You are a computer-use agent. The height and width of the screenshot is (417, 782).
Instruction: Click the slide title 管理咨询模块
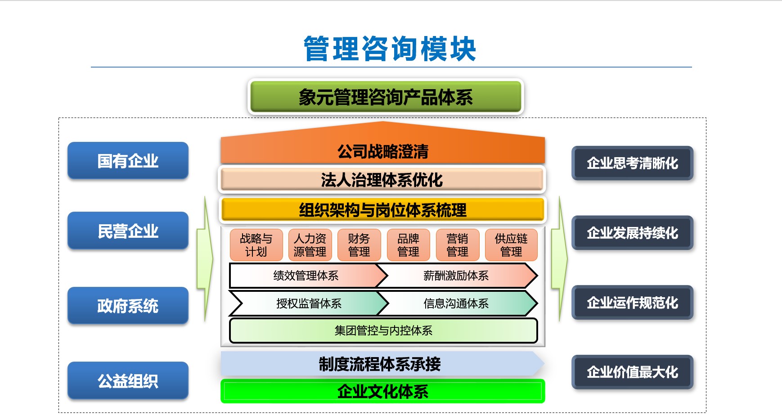(390, 49)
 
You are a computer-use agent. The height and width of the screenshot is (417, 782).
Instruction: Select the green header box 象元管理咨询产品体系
(386, 97)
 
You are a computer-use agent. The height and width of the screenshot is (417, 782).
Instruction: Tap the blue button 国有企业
(128, 161)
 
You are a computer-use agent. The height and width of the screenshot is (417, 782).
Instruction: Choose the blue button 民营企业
(128, 231)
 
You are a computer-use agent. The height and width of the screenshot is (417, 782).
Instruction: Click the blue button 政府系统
(128, 306)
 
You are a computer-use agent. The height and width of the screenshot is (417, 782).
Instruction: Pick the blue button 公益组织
(128, 381)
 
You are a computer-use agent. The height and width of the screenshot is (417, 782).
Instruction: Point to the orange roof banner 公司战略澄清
(382, 151)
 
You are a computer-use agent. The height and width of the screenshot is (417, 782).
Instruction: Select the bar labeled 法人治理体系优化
(382, 180)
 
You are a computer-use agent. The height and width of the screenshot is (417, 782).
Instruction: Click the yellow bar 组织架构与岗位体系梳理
(382, 210)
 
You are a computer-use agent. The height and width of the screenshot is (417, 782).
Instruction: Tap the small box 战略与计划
(256, 245)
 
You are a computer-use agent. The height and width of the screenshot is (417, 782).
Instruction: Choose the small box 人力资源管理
(310, 245)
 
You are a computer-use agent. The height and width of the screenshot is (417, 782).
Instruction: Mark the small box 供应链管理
(511, 245)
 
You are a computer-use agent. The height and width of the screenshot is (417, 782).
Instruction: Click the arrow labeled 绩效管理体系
(306, 276)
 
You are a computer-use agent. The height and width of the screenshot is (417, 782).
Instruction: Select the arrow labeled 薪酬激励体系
(456, 276)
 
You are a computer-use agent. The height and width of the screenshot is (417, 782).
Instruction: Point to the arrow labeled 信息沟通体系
(456, 304)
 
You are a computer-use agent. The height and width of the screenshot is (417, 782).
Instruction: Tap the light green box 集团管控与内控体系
(383, 331)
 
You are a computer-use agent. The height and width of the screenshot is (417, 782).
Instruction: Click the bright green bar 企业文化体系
(382, 391)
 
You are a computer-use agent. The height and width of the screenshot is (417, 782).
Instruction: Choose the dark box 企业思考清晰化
(632, 163)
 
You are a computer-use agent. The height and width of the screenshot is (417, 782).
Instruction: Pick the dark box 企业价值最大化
(632, 372)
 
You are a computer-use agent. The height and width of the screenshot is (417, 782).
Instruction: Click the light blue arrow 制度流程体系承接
(380, 364)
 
